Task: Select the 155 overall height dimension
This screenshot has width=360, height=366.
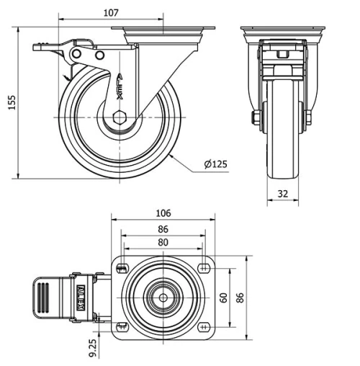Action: (x=10, y=103)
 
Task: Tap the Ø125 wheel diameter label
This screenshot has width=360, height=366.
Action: (x=215, y=164)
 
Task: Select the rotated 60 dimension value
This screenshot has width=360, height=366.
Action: (x=224, y=297)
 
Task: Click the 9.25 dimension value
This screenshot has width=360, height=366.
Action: (x=93, y=349)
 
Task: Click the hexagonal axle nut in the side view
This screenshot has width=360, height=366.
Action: (x=120, y=117)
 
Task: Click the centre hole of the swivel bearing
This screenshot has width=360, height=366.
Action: (x=163, y=297)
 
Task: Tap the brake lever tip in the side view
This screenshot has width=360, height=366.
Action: (x=36, y=48)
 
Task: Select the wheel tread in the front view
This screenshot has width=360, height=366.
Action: (x=282, y=169)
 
